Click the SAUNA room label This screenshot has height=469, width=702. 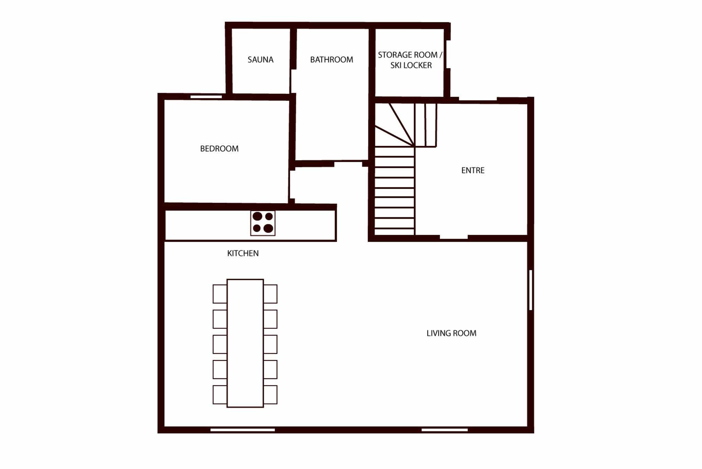260,60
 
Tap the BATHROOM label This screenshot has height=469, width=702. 332,60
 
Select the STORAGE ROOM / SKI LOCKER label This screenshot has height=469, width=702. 410,60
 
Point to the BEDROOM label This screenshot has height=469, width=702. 219,149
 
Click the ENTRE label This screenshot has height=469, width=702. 473,170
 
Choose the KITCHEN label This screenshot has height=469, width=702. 243,254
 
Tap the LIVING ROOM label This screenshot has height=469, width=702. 452,333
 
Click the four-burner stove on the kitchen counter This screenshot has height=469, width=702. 263,223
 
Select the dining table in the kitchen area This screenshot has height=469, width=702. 245,343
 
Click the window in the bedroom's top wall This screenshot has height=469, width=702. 206,97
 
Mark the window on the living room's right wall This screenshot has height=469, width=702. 531,290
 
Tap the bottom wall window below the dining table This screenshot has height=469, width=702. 243,430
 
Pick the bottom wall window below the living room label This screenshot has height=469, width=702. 445,430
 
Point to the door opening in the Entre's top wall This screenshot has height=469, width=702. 478,100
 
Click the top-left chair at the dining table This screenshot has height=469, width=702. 220,294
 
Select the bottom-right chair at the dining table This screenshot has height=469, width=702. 270,394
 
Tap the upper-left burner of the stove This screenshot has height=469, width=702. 257,216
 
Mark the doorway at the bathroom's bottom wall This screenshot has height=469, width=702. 348,163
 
